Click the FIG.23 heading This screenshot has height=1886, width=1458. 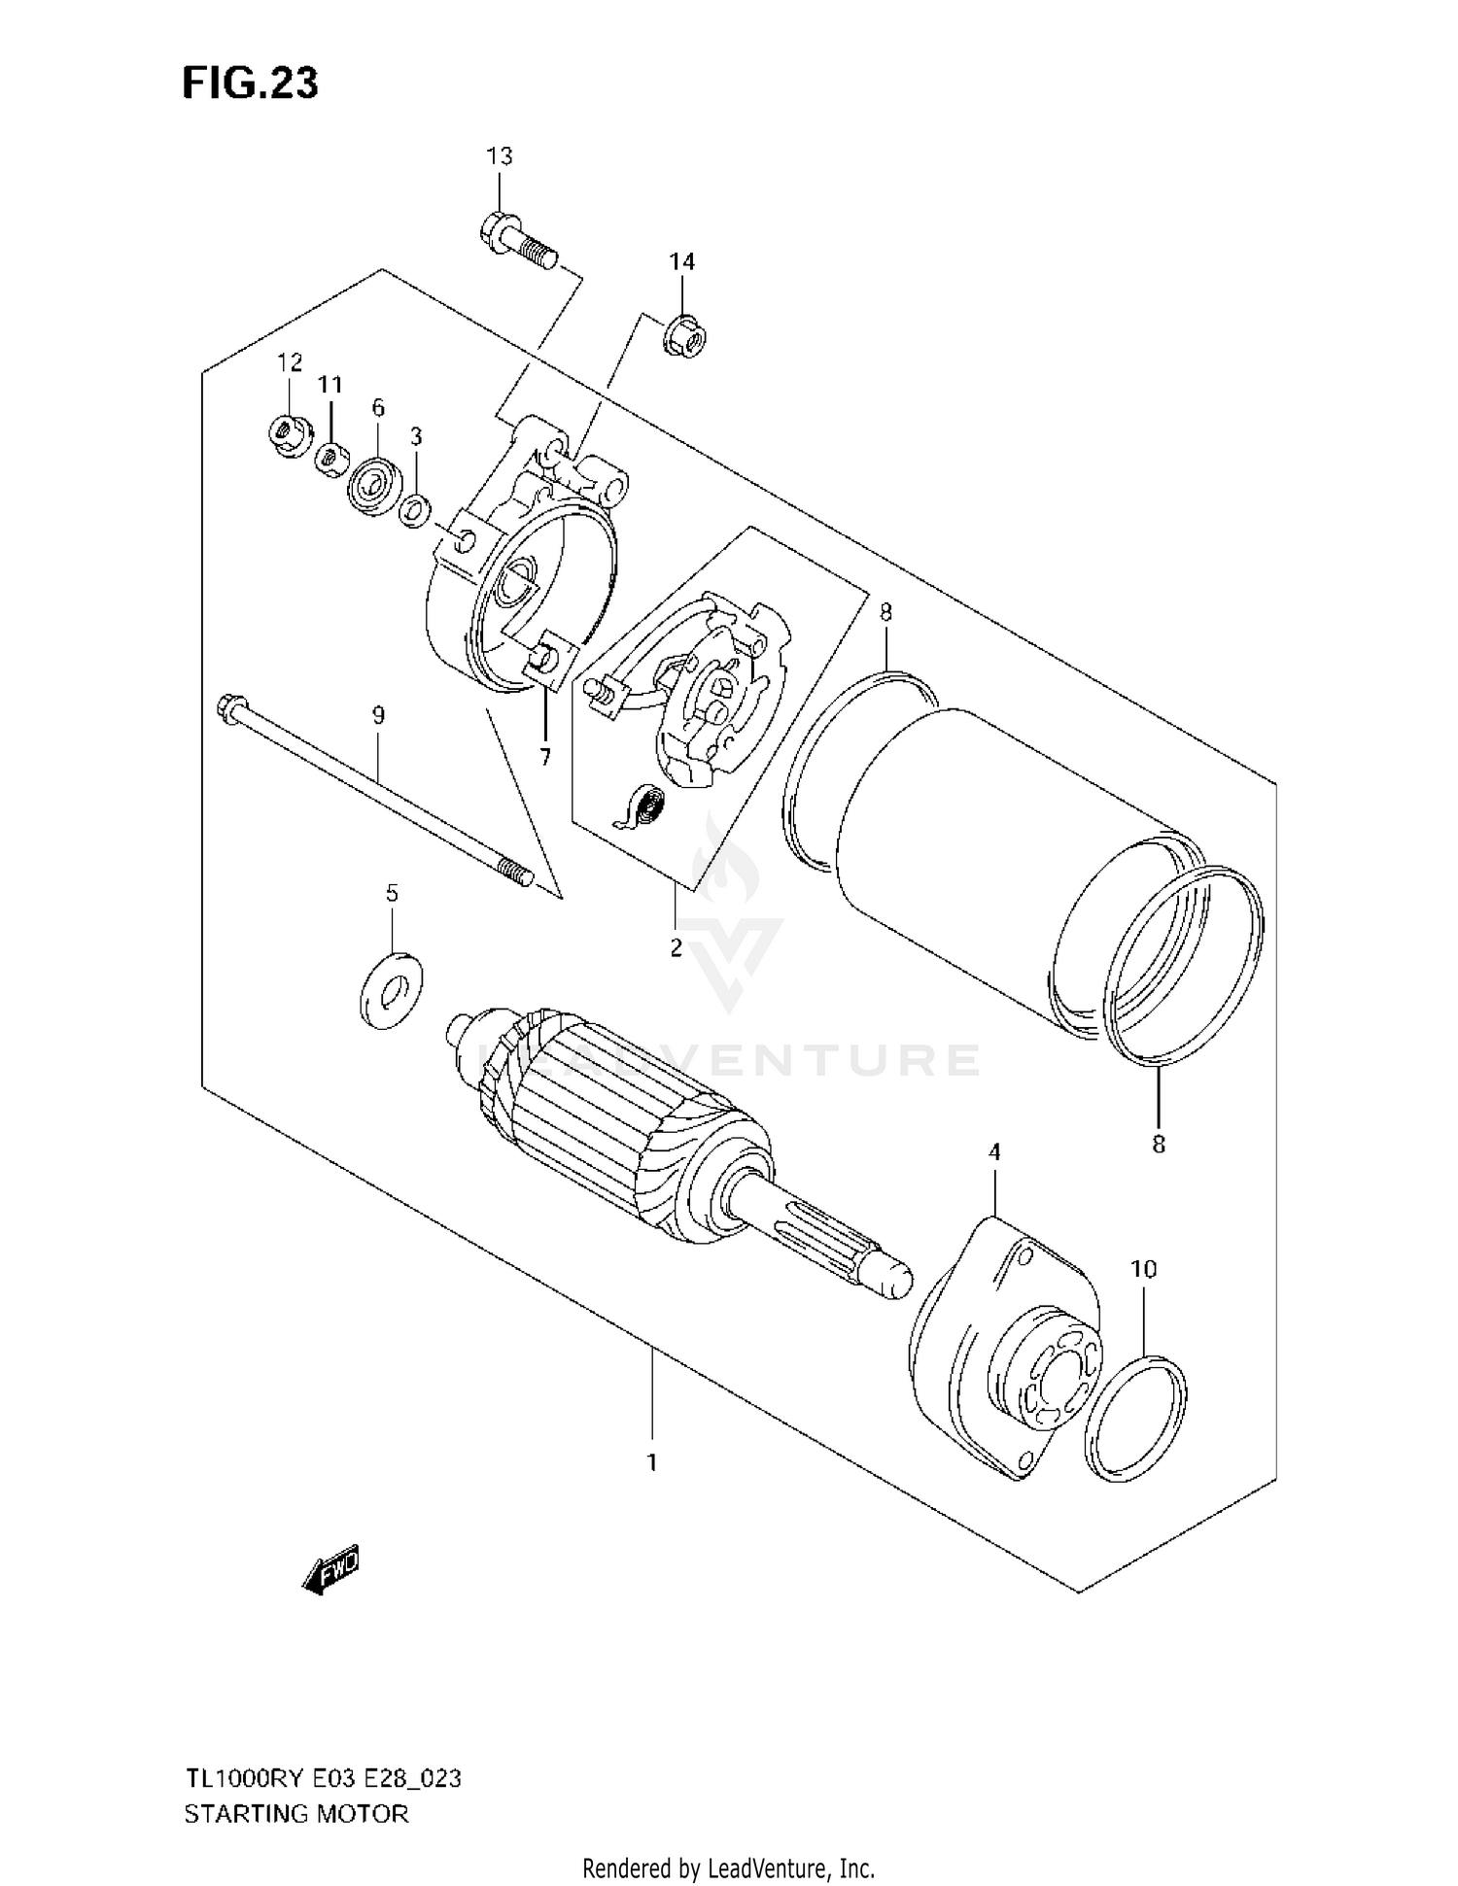pyautogui.click(x=250, y=85)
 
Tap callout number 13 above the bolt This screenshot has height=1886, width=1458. pyautogui.click(x=499, y=156)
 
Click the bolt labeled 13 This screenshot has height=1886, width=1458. pyautogui.click(x=518, y=242)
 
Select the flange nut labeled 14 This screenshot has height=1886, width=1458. pyautogui.click(x=685, y=337)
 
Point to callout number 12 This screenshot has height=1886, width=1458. pyautogui.click(x=290, y=363)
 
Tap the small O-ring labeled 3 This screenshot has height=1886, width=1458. pyautogui.click(x=417, y=509)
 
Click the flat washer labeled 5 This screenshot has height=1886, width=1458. pyautogui.click(x=391, y=992)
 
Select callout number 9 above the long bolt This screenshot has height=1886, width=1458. pyautogui.click(x=378, y=716)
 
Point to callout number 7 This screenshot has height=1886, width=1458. pyautogui.click(x=544, y=757)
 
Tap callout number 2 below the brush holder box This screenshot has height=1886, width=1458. pyautogui.click(x=677, y=947)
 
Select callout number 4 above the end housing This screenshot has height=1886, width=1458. pyautogui.click(x=993, y=1152)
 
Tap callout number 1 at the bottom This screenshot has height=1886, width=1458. pyautogui.click(x=652, y=1461)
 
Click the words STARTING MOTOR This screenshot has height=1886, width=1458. pyautogui.click(x=296, y=1813)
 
